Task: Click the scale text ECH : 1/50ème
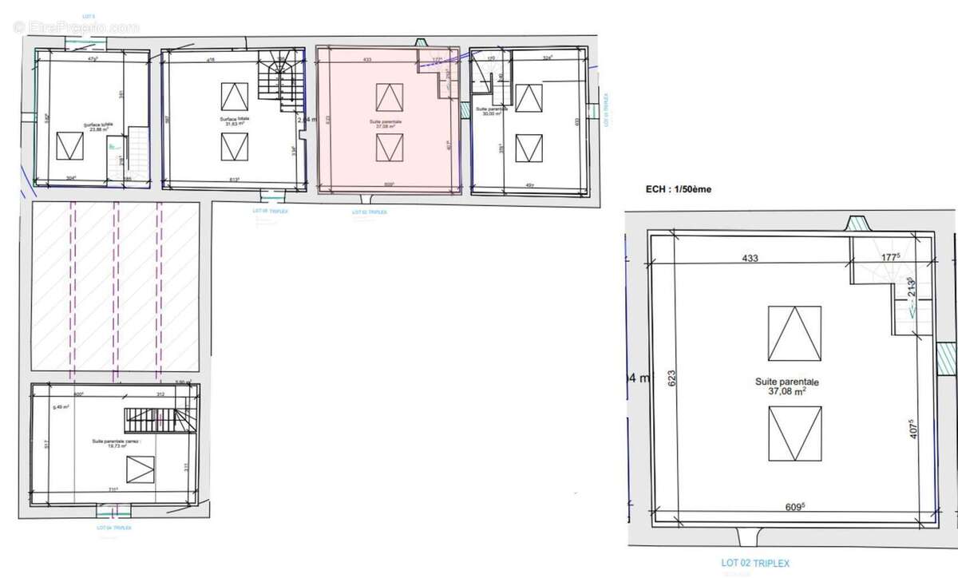pyautogui.click(x=678, y=190)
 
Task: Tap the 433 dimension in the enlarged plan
pyautogui.click(x=750, y=258)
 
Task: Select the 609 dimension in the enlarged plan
pyautogui.click(x=792, y=506)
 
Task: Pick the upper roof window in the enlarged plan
pyautogui.click(x=794, y=334)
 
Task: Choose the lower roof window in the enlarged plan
pyautogui.click(x=794, y=433)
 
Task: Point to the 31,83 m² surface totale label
pyautogui.click(x=235, y=123)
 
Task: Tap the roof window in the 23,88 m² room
pyautogui.click(x=69, y=147)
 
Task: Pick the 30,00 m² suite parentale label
pyautogui.click(x=488, y=113)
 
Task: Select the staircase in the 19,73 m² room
pyautogui.click(x=156, y=418)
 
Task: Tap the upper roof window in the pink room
pyautogui.click(x=390, y=97)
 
